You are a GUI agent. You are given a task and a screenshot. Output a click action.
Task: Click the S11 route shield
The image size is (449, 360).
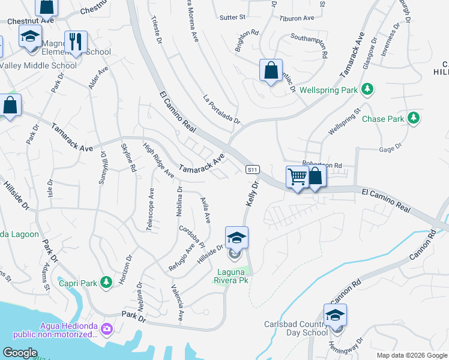coord(253,170)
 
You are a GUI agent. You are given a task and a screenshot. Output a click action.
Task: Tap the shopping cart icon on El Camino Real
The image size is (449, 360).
coord(297,177)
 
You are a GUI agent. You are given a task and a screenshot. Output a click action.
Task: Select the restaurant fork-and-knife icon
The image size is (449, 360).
coord(76,42)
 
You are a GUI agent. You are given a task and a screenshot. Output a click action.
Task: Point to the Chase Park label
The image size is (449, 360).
coord(383,119)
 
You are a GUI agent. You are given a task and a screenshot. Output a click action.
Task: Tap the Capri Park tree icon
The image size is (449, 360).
coord(106,281)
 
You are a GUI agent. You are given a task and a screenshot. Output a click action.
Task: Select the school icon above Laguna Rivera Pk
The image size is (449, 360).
coord(237,238)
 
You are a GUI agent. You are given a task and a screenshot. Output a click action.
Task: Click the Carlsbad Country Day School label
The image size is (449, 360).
coord(296,329)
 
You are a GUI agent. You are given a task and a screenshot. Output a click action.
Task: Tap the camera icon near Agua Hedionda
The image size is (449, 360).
coord(106,328)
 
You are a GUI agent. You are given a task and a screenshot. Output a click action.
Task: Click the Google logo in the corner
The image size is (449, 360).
coord(20,353)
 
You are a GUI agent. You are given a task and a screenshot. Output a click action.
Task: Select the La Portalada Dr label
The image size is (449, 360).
coord(221,109)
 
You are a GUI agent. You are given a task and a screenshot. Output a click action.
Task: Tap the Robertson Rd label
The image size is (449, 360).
coord(322,165)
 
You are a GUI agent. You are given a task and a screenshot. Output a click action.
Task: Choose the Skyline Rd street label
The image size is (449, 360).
coord(128,157)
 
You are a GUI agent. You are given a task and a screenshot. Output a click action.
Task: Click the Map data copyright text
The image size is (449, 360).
coord(411,355)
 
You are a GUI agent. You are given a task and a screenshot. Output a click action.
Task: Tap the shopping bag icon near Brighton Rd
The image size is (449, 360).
coord(271,70)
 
